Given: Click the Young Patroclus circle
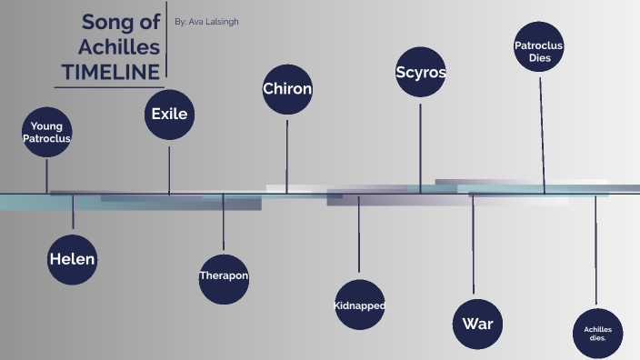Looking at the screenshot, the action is point(47,132).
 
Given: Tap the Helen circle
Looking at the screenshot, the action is point(73,258).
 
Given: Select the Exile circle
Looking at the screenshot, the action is point(169,115).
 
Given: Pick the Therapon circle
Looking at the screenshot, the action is point(224,275).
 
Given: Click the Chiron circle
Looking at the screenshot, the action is point(287,89).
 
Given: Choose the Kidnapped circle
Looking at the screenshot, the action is point(359,305).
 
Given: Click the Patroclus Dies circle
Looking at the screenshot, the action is point(539,51).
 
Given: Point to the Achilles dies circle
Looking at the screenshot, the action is point(597,332).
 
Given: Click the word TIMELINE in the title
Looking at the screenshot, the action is point(110,72).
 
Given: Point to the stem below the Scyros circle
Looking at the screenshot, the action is point(420,145).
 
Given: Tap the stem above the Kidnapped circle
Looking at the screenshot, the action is point(358,236).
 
